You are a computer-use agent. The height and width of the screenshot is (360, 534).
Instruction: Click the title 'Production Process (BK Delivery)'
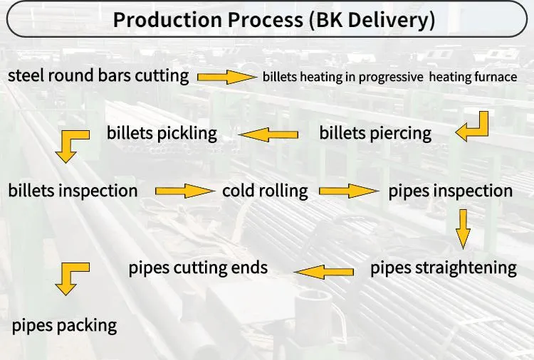pyautogui.click(x=273, y=19)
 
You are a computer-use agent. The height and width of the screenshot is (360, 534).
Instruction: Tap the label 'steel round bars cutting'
pyautogui.click(x=98, y=75)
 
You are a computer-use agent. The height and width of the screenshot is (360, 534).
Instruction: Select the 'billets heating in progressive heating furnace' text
pyautogui.click(x=389, y=77)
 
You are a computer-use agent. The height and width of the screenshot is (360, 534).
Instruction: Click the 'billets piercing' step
pyautogui.click(x=375, y=133)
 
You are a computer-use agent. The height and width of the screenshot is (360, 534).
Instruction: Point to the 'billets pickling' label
pyautogui.click(x=162, y=133)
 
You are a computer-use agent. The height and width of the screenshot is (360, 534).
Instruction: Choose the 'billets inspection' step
pyautogui.click(x=73, y=191)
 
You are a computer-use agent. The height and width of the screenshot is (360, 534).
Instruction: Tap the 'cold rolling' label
pyautogui.click(x=265, y=191)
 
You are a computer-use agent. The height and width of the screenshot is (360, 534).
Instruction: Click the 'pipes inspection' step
pyautogui.click(x=450, y=191)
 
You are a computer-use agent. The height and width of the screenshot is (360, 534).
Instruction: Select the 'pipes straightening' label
pyautogui.click(x=443, y=268)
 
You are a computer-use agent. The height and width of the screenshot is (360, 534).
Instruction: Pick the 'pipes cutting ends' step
pyautogui.click(x=198, y=268)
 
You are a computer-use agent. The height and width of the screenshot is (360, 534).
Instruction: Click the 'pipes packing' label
pyautogui.click(x=64, y=326)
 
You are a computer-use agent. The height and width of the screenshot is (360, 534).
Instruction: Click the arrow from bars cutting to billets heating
pyautogui.click(x=226, y=77)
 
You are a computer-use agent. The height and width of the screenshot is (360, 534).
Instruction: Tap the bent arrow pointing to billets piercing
pyautogui.click(x=473, y=125)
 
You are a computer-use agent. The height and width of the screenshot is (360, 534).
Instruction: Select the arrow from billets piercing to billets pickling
pyautogui.click(x=268, y=134)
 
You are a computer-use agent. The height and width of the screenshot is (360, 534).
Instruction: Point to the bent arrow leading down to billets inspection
pyautogui.click(x=71, y=144)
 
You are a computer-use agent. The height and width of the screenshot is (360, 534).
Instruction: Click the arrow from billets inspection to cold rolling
pyautogui.click(x=184, y=191)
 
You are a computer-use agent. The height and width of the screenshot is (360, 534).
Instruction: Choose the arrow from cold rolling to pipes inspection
pyautogui.click(x=348, y=191)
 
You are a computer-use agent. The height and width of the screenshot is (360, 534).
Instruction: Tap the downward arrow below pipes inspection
pyautogui.click(x=464, y=228)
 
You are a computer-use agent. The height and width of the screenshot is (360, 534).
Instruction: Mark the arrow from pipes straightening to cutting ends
pyautogui.click(x=324, y=270)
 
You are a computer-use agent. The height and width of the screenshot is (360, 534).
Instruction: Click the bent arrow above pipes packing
pyautogui.click(x=71, y=277)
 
